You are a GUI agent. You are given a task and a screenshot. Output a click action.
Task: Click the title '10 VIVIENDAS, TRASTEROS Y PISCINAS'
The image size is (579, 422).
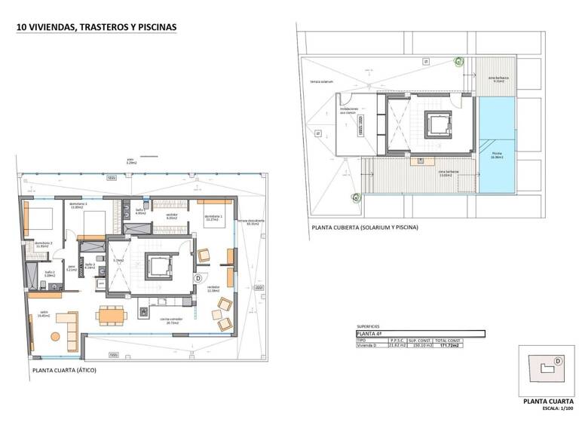pos(96,27)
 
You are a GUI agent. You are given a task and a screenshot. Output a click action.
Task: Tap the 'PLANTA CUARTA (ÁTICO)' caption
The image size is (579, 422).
pos(64,370)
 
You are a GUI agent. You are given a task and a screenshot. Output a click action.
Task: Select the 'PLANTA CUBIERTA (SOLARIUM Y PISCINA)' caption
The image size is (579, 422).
pos(365,227)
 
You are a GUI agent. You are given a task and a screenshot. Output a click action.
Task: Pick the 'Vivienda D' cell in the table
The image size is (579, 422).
pos(369,345)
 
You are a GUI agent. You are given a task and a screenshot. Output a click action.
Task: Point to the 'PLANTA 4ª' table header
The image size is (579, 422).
pos(369,333)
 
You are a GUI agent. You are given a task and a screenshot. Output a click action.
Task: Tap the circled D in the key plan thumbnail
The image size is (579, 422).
pos(557,361)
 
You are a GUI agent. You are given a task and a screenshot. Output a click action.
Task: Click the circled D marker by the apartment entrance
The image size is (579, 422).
pos(198,278)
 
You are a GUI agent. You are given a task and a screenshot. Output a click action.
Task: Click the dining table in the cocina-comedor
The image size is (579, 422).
pos(111,313)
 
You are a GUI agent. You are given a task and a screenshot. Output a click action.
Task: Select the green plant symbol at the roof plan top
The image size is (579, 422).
pos(458,61)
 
